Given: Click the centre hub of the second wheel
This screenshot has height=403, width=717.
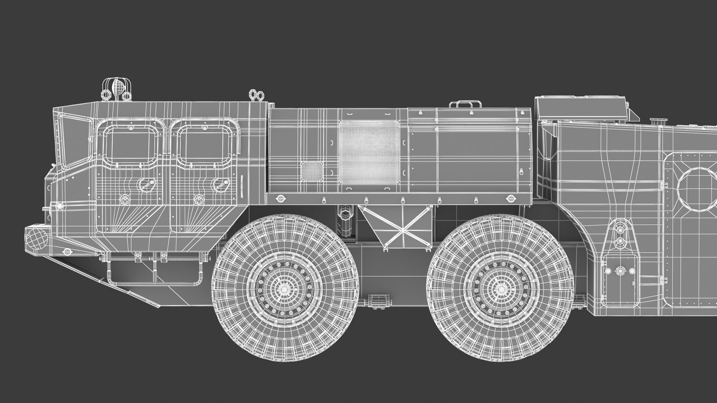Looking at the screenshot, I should point(500,288).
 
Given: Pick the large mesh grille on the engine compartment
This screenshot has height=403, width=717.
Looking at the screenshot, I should point(369,153).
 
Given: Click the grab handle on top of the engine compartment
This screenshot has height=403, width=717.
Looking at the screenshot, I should point(465,104).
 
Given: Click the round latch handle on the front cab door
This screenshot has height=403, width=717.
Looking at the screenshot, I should point(144,184).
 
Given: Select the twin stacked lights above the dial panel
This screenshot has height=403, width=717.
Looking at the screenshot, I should point(620,235).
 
